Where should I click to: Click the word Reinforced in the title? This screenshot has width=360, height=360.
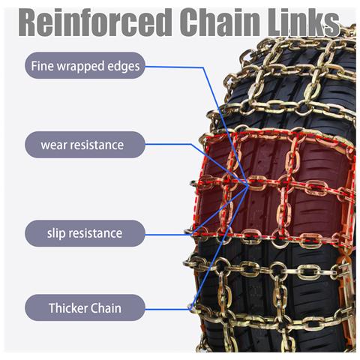point(94,22)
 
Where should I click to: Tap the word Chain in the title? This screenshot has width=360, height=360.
point(220,22)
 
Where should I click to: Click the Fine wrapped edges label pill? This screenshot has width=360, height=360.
point(85,65)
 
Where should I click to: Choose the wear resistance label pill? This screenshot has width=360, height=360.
point(85,145)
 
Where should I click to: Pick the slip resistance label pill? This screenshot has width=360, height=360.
point(85,233)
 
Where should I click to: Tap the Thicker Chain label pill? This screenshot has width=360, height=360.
point(85,307)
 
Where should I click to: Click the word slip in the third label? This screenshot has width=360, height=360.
point(56,233)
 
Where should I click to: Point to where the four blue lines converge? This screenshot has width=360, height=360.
point(247,185)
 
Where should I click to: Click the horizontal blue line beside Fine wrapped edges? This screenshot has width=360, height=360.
point(175,67)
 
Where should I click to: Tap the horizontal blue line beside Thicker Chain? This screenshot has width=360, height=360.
point(168,310)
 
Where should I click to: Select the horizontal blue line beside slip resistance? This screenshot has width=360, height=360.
point(169,235)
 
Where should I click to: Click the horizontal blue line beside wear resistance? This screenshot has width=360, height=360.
point(169,144)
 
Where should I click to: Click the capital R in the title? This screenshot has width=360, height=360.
point(28,22)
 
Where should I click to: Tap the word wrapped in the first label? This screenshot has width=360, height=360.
point(80,67)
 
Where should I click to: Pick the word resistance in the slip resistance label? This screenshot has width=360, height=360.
point(95,233)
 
